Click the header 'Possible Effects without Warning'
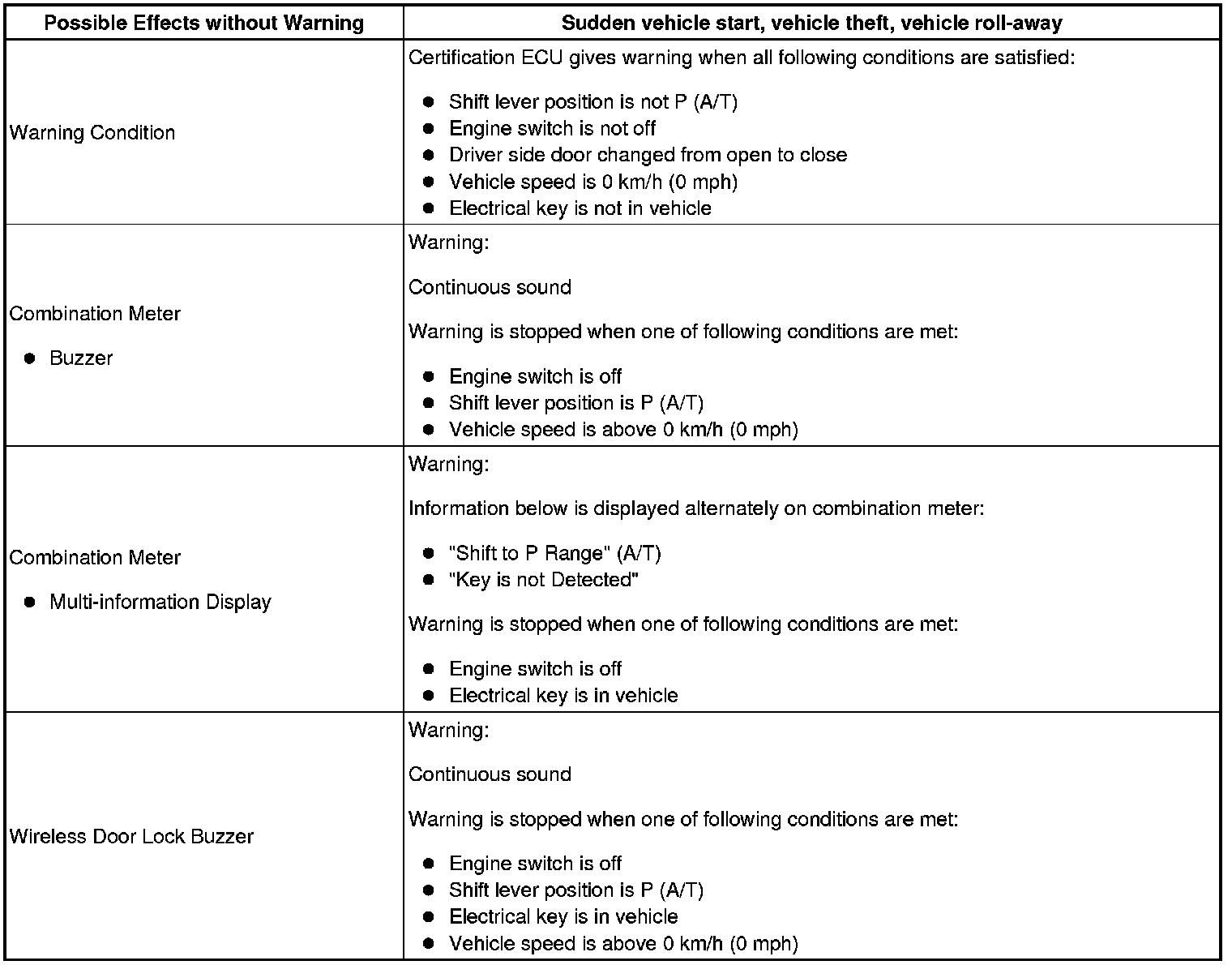(203, 23)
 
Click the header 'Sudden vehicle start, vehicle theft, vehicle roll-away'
(811, 23)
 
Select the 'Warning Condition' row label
(92, 133)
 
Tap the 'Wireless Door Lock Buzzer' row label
(131, 837)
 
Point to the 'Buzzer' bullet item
(81, 358)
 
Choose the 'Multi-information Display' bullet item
(160, 603)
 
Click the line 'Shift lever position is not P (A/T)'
(592, 102)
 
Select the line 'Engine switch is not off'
(552, 129)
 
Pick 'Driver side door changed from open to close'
(648, 156)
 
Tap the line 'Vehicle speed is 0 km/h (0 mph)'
(592, 182)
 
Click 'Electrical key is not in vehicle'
(580, 209)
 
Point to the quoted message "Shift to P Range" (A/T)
(554, 554)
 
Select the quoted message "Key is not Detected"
(543, 581)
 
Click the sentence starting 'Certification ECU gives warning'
(742, 58)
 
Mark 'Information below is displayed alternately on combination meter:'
(696, 509)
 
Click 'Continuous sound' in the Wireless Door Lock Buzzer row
(490, 774)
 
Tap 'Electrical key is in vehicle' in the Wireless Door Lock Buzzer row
(563, 917)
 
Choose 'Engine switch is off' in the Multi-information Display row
(535, 670)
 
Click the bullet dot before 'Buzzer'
(30, 358)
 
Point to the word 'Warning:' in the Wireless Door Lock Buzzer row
(448, 731)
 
